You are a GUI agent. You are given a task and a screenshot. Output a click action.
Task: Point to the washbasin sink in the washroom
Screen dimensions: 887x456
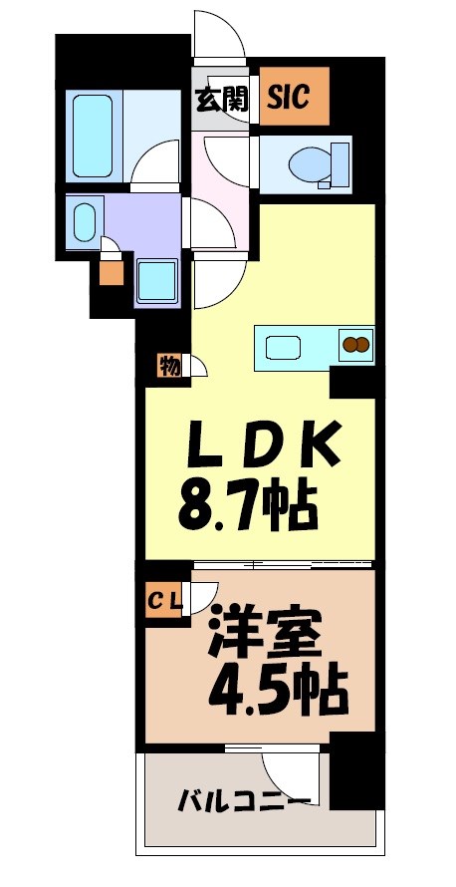(x=85, y=220)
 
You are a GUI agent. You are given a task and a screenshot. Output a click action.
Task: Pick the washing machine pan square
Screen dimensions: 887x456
(x=155, y=280)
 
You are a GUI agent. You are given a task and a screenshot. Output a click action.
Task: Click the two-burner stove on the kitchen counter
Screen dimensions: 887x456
(x=354, y=346)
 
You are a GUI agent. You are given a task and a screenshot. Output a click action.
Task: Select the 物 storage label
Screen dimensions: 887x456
(x=168, y=366)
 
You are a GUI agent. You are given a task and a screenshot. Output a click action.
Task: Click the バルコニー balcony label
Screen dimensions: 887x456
(x=243, y=800)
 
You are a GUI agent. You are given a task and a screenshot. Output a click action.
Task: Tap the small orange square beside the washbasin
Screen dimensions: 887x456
(x=112, y=271)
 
